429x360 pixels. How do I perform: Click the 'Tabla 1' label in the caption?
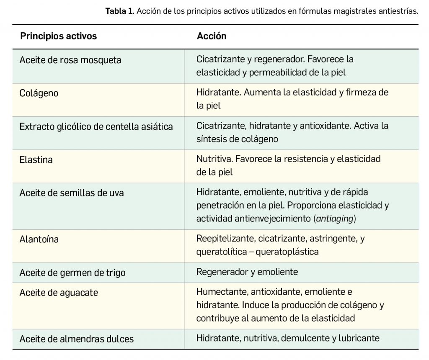(119, 11)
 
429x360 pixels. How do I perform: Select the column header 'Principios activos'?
(58, 36)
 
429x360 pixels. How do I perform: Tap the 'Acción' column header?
(212, 36)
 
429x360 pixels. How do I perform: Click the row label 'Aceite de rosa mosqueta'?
(70, 60)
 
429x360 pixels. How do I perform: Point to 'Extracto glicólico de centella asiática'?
(96, 126)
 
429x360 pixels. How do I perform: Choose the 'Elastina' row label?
(36, 159)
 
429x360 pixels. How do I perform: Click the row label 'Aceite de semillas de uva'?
(72, 193)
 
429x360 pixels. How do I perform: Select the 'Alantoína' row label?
(39, 239)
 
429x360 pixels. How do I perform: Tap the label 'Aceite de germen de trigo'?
(72, 273)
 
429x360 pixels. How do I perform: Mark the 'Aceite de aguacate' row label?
(59, 293)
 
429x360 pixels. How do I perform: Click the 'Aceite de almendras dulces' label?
(77, 339)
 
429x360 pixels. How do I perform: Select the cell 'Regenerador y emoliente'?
(247, 272)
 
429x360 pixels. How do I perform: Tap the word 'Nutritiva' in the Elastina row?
(214, 159)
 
